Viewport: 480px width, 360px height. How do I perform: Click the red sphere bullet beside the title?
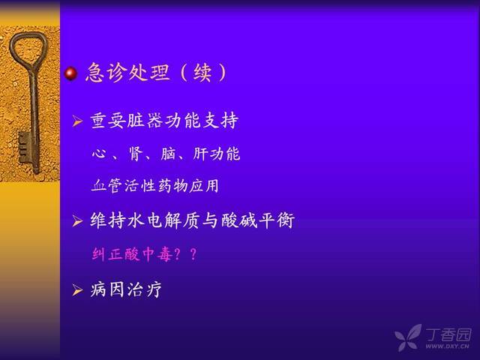71,73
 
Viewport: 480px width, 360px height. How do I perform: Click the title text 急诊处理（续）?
157,73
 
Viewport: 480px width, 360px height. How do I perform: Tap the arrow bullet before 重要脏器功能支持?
77,121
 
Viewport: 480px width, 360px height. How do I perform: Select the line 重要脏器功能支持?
164,121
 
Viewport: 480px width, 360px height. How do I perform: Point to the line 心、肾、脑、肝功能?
166,154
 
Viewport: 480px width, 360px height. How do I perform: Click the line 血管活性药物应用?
155,186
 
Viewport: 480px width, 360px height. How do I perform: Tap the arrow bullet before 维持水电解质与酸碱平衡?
77,220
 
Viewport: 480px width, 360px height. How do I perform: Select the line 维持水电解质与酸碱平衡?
192,220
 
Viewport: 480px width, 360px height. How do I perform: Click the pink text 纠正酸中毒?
132,254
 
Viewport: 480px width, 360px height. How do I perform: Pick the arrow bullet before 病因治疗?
77,290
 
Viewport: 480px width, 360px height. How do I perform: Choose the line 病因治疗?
126,289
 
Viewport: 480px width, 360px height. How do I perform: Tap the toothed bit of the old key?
25,148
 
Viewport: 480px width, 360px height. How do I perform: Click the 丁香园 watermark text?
448,334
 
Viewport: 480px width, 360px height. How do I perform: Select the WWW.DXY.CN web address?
447,346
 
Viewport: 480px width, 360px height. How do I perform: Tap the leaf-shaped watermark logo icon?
408,337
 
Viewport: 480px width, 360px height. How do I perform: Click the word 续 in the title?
202,73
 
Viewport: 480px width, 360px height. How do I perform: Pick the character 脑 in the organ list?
168,154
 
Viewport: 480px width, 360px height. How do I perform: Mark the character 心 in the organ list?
99,153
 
